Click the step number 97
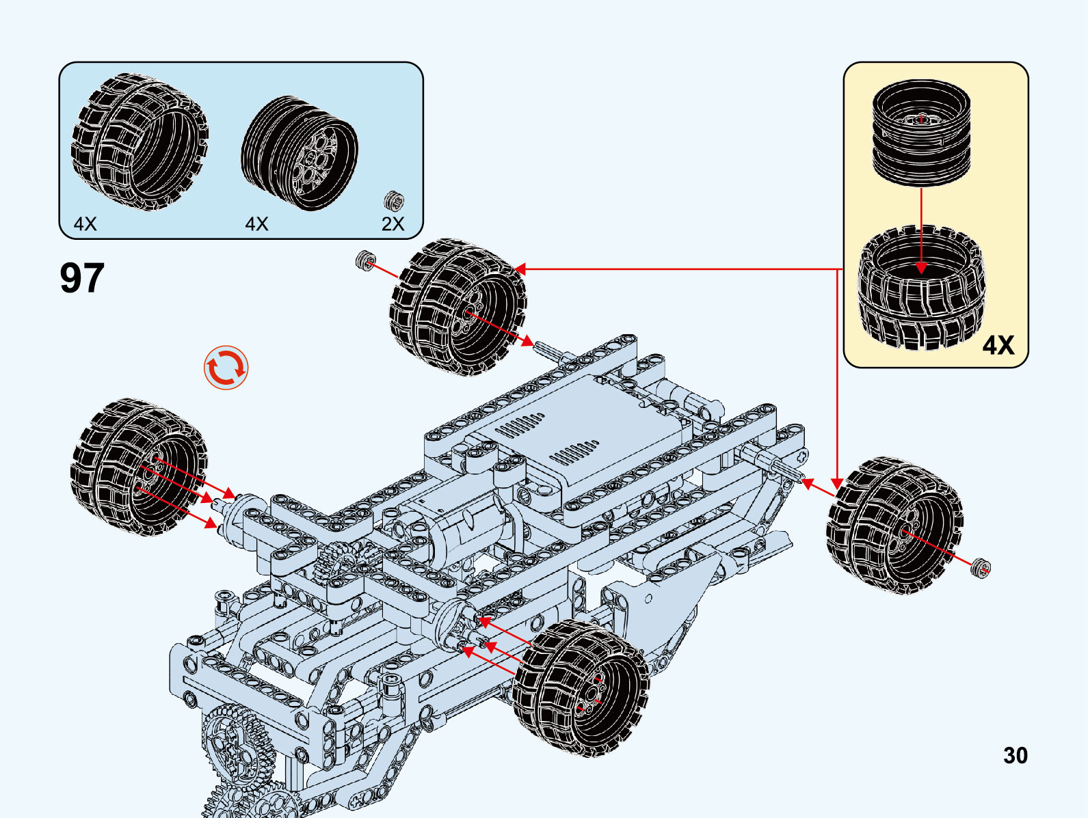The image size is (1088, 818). pos(82,278)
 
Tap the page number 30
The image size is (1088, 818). pos(1015,755)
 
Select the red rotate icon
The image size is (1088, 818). pos(226,368)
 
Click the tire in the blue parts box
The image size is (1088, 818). pos(140,141)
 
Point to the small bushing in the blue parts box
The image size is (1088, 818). pos(393,201)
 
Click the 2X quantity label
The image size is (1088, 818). pos(393,224)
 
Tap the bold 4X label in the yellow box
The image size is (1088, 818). pos(998,345)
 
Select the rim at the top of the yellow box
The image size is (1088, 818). pos(921,133)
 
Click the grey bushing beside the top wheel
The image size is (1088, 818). pos(366,260)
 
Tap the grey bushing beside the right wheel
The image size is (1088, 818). pos(981,568)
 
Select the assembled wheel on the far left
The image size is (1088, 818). pos(139,467)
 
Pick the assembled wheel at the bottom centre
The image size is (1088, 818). pos(581,688)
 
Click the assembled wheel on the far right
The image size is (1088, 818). pos(894,525)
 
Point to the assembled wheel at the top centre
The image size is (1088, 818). pos(458,307)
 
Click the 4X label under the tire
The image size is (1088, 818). pos(85,224)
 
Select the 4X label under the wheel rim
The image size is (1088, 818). pos(256,224)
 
